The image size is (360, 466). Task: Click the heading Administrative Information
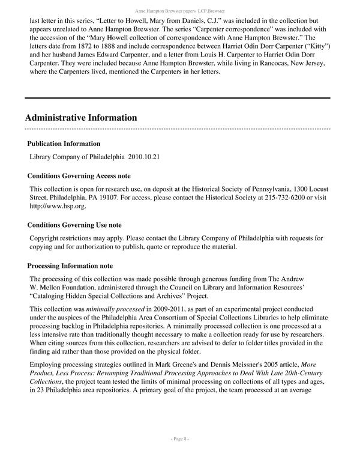[x=81, y=117]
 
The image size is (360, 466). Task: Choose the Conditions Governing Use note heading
[x=74, y=225]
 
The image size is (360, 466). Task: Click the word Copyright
[x=46, y=238]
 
